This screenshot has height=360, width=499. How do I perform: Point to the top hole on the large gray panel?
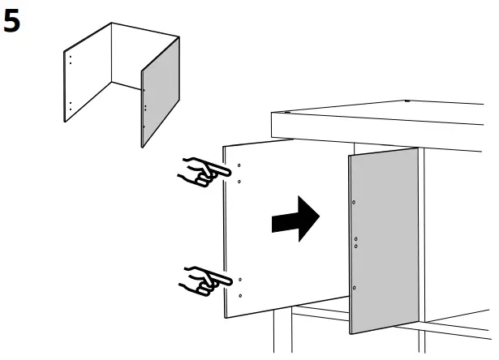pos(355,201)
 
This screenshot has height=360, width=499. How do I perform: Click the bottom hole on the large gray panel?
pos(355,289)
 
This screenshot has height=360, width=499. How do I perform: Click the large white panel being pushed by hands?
pos(260,243)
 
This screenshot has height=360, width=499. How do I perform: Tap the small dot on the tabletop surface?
pos(405,102)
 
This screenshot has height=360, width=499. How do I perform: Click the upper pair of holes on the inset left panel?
pos(71,60)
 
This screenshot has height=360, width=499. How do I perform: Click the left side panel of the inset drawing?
pos(85,77)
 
